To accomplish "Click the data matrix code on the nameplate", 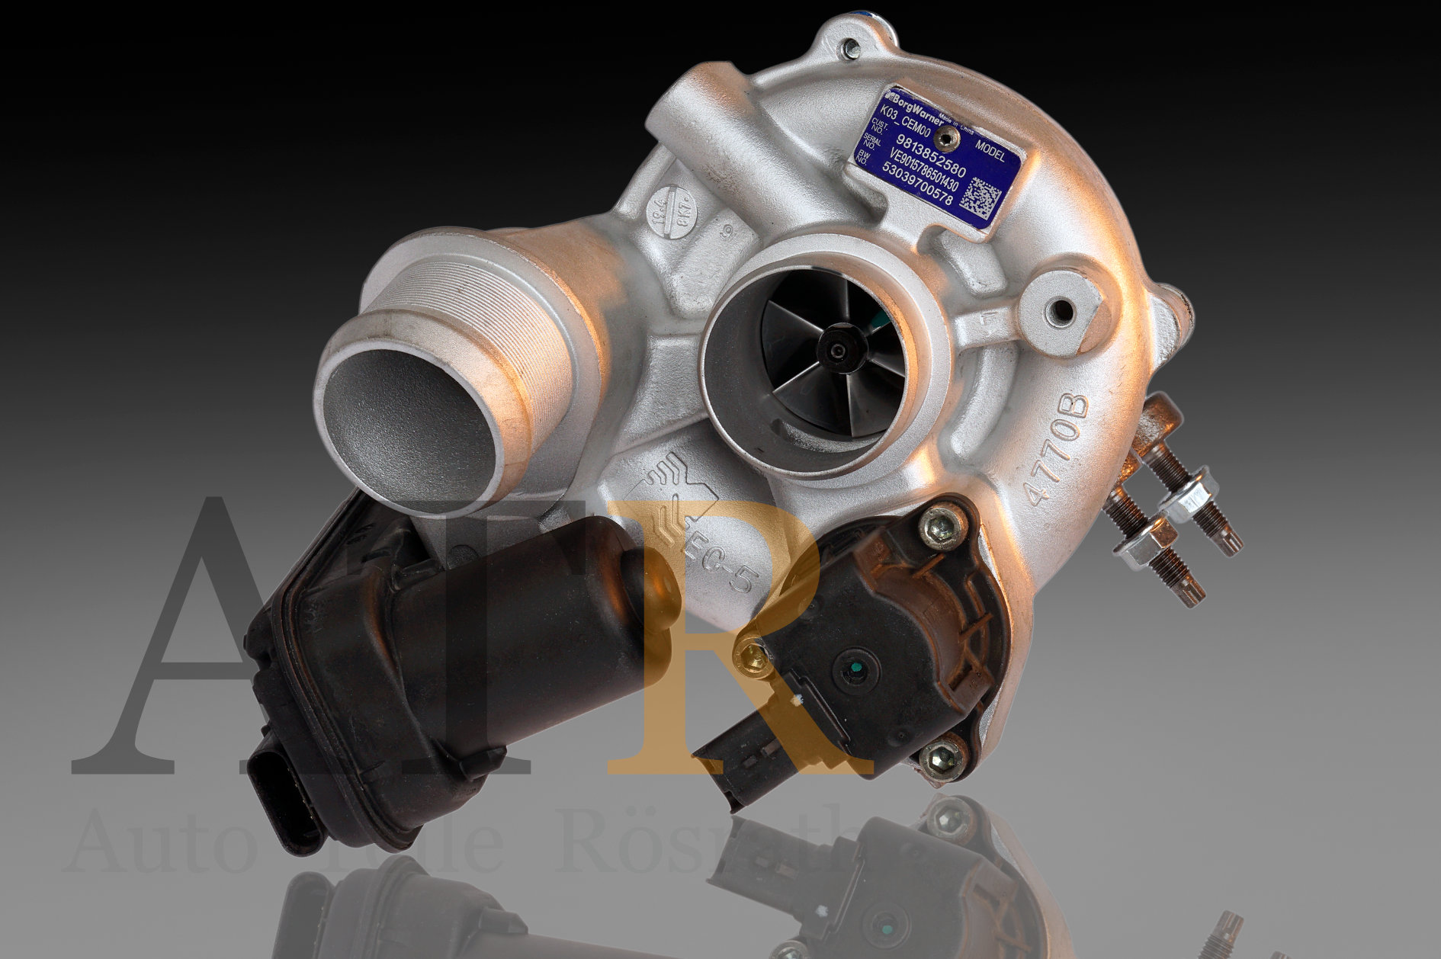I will click(978, 196).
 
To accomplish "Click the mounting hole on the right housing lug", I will click(1061, 309).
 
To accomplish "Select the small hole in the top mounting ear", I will click(851, 50).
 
